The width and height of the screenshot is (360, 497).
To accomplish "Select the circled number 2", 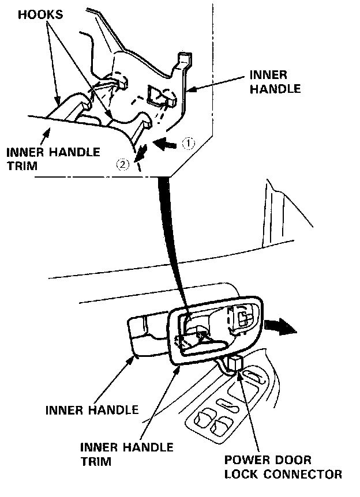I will pyautogui.click(x=122, y=165).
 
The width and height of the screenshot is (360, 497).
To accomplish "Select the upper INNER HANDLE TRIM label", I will pyautogui.click(x=52, y=159).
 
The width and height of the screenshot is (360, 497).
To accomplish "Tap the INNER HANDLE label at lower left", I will pyautogui.click(x=92, y=410).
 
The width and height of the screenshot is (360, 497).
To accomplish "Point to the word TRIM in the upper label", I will pyautogui.click(x=20, y=167).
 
